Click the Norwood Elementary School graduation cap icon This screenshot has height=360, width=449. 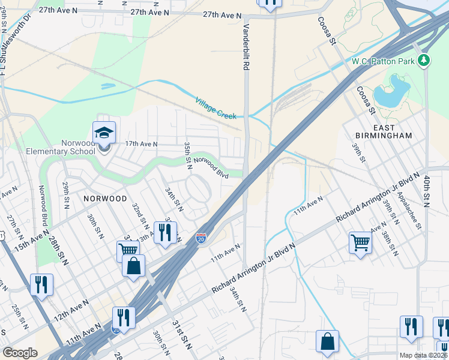(104, 132)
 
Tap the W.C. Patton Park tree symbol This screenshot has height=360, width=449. (424, 60)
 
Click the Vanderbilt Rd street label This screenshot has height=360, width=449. (246, 48)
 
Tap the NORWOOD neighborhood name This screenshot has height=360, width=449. (105, 198)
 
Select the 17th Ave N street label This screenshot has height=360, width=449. (133, 144)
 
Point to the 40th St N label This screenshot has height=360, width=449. (427, 191)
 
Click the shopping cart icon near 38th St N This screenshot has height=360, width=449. (360, 243)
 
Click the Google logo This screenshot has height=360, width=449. (20, 353)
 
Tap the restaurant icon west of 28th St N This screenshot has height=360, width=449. (41, 284)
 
